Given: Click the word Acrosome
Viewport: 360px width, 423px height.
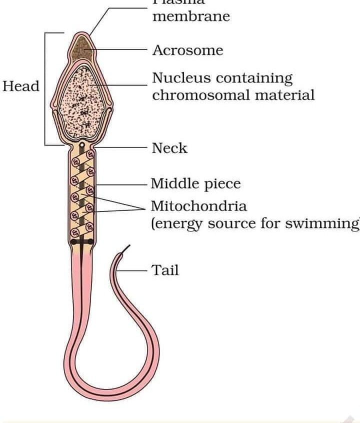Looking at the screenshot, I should [x=187, y=50].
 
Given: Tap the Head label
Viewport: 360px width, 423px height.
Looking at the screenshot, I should [x=20, y=86].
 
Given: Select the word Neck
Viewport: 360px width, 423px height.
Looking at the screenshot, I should [x=169, y=148].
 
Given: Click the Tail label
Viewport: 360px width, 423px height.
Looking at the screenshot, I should [x=165, y=270].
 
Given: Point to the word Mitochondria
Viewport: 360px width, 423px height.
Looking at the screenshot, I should [x=199, y=206].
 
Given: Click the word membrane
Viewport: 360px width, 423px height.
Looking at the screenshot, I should [x=191, y=16].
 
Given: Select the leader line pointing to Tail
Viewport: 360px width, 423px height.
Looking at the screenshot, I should [x=134, y=271].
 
